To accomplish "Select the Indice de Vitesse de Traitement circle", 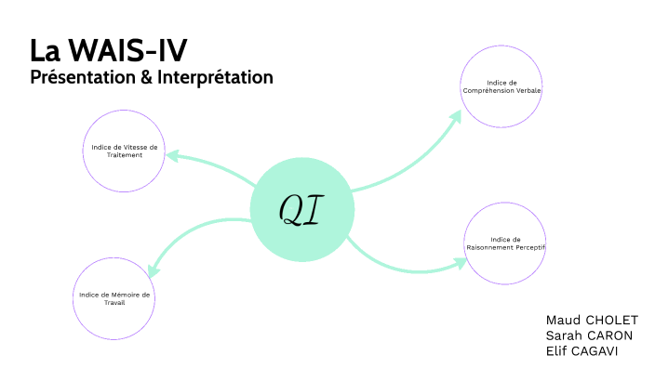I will (126, 151).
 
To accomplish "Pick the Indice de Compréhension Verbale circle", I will (502, 85).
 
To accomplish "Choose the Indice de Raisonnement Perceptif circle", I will (505, 243).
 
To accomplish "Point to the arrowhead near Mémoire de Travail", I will (154, 269).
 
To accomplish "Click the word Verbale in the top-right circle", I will (526, 90).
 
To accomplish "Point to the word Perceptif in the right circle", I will (528, 248).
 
